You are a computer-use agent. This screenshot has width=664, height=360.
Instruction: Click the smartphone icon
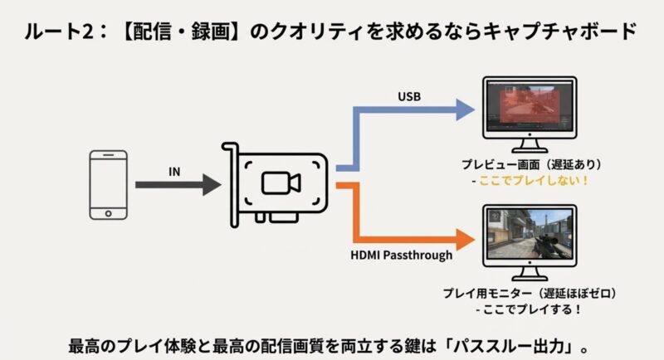pos(109,185)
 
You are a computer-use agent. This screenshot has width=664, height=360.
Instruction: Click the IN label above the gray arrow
pos(175,172)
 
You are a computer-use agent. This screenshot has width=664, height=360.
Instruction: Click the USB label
pos(409,97)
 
